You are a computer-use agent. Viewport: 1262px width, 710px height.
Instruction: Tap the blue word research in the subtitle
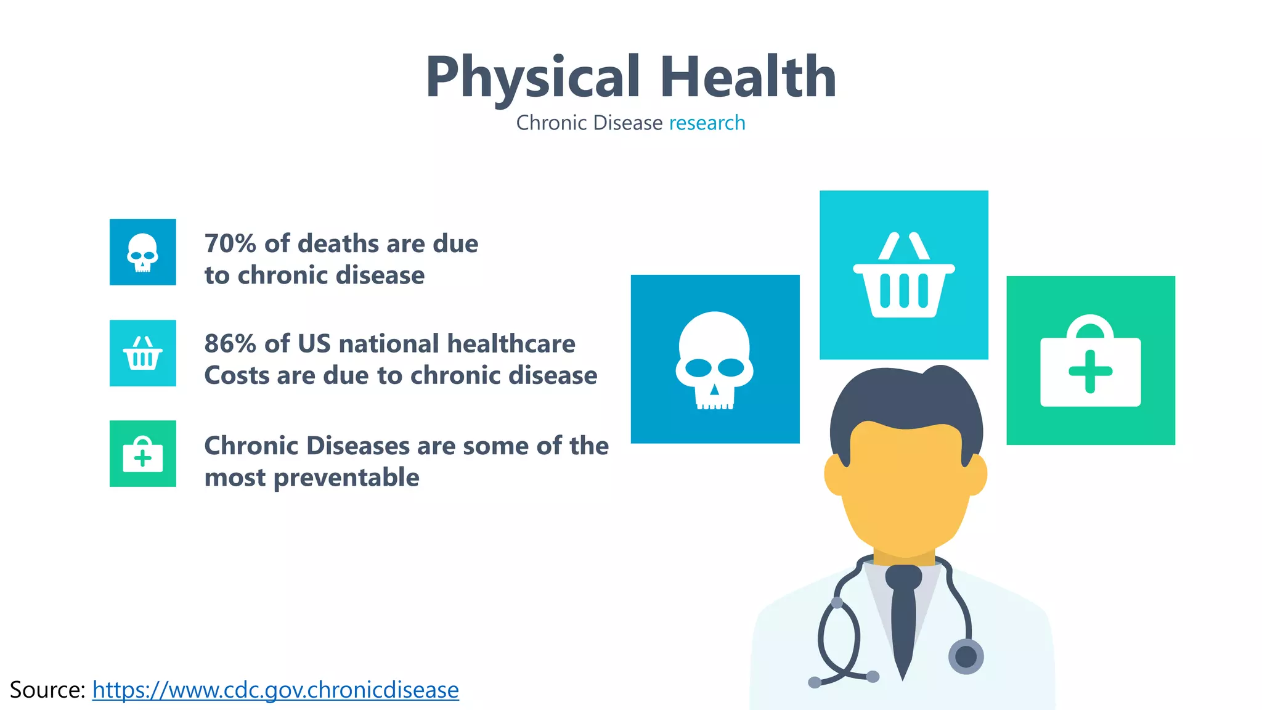click(x=707, y=123)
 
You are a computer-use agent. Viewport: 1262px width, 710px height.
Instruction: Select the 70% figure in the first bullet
click(x=230, y=244)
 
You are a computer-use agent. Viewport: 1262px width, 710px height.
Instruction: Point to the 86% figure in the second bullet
click(x=230, y=344)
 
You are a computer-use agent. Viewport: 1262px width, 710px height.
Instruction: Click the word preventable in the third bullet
click(x=346, y=478)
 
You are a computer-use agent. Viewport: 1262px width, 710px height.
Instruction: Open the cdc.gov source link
click(x=275, y=690)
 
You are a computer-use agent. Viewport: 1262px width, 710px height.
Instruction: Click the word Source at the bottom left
click(x=47, y=690)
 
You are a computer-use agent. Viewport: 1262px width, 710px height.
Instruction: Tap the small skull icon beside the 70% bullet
click(x=143, y=252)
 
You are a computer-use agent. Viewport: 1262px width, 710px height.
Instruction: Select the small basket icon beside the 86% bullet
click(x=143, y=353)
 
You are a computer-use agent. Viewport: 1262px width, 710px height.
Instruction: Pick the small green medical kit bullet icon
click(x=143, y=454)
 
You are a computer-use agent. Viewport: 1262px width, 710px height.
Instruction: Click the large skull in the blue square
click(x=715, y=359)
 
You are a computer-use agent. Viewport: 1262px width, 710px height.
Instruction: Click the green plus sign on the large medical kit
click(x=1090, y=372)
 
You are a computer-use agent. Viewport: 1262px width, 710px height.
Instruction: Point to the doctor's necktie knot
click(x=903, y=577)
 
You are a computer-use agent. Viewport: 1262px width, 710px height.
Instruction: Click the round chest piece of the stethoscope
click(x=966, y=656)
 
